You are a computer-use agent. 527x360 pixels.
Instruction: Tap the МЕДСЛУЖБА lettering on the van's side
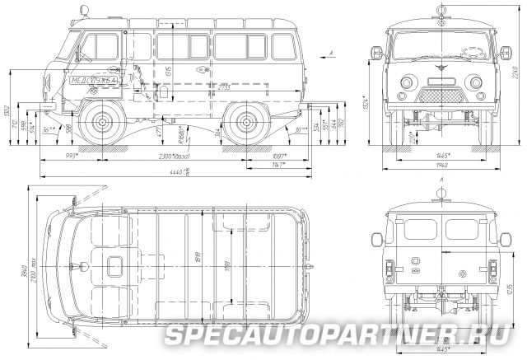point(94,82)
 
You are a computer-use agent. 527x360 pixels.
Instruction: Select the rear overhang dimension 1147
point(277,164)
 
